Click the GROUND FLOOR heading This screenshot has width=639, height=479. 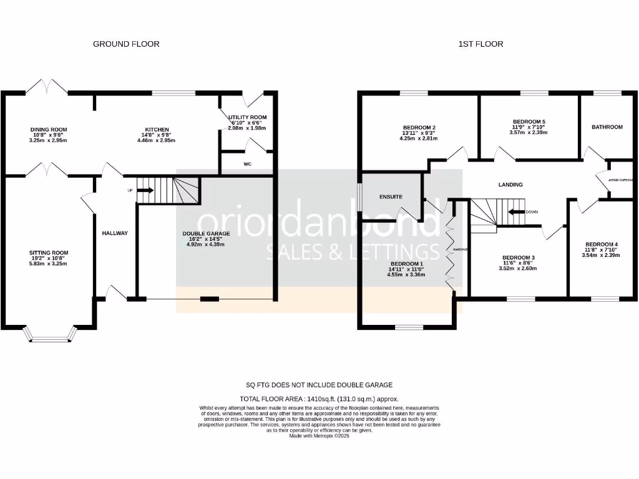(x=126, y=44)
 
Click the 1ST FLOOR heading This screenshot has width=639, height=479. (x=480, y=44)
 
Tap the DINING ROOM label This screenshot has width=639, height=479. (x=49, y=130)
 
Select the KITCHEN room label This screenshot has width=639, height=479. (x=154, y=130)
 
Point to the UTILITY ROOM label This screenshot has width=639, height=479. (x=247, y=117)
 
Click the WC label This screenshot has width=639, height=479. (x=248, y=165)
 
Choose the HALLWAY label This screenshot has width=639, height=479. (x=115, y=233)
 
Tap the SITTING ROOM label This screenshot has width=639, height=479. (x=49, y=253)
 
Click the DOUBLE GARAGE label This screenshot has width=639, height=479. (x=206, y=233)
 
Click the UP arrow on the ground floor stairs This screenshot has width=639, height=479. (x=145, y=190)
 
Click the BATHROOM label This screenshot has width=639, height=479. (x=607, y=127)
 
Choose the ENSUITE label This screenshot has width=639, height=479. (x=391, y=197)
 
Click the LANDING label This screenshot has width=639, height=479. (x=510, y=185)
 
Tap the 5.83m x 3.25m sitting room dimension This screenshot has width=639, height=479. (x=49, y=264)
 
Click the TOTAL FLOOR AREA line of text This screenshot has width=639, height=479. (x=319, y=399)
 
